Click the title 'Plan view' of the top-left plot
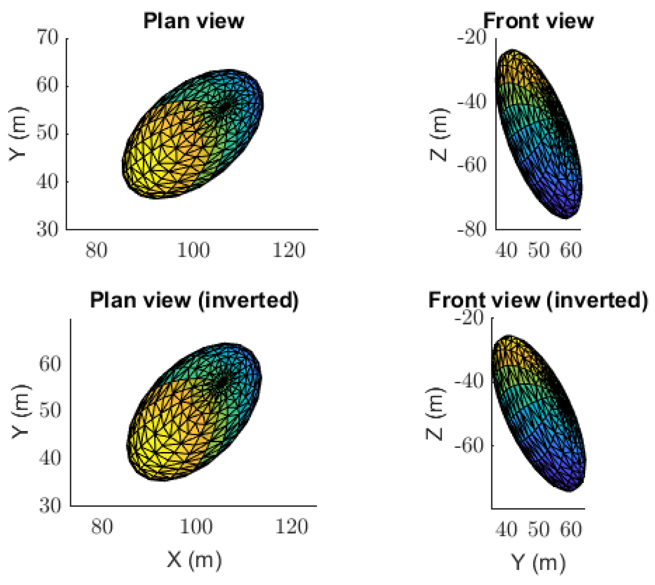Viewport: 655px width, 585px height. pyautogui.click(x=193, y=21)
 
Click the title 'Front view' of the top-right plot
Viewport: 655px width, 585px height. pyautogui.click(x=538, y=21)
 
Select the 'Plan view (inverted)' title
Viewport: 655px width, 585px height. pyautogui.click(x=194, y=300)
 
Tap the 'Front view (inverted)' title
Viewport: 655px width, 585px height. pyautogui.click(x=538, y=300)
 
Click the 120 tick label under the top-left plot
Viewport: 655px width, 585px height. pyautogui.click(x=289, y=250)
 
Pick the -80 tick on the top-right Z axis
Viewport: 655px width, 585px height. pyautogui.click(x=472, y=229)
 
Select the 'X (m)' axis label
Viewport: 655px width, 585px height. pyautogui.click(x=194, y=560)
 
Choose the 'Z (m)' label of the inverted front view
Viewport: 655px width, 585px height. pyautogui.click(x=435, y=414)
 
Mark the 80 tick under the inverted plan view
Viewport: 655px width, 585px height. pyautogui.click(x=102, y=527)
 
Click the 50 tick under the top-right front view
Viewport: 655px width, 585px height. pyautogui.click(x=539, y=250)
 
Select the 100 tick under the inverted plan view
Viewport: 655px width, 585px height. pyautogui.click(x=196, y=527)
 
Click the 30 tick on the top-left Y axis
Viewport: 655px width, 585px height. pyautogui.click(x=47, y=229)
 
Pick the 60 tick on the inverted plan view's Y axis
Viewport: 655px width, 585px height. pyautogui.click(x=50, y=364)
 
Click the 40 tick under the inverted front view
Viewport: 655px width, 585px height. pyautogui.click(x=506, y=529)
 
